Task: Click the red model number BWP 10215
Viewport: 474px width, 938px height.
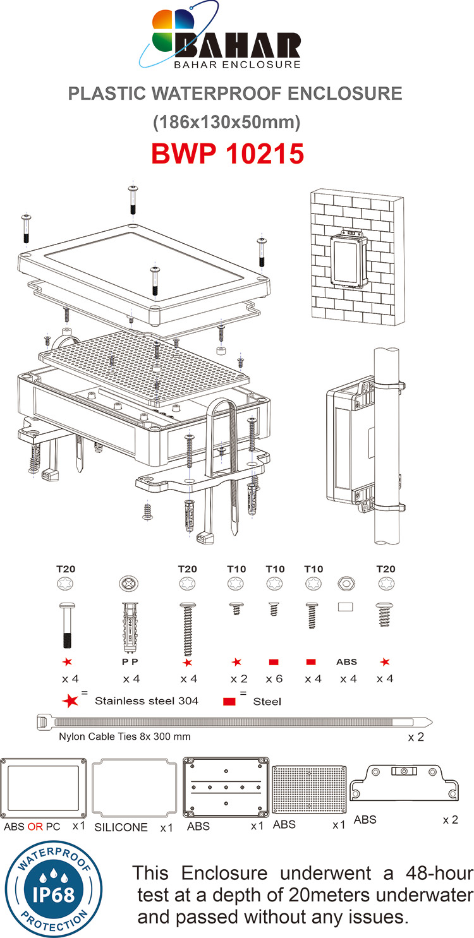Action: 228,153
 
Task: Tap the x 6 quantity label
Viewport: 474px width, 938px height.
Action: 274,679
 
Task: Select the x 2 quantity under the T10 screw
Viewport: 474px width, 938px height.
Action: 236,679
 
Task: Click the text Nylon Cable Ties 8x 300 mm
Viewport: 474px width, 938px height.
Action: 125,737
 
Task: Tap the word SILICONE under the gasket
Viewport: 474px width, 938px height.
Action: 121,827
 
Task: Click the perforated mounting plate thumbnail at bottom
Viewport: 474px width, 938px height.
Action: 309,790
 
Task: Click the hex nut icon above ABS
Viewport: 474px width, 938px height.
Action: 347,585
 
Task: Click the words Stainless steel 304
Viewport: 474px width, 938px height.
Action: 146,701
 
